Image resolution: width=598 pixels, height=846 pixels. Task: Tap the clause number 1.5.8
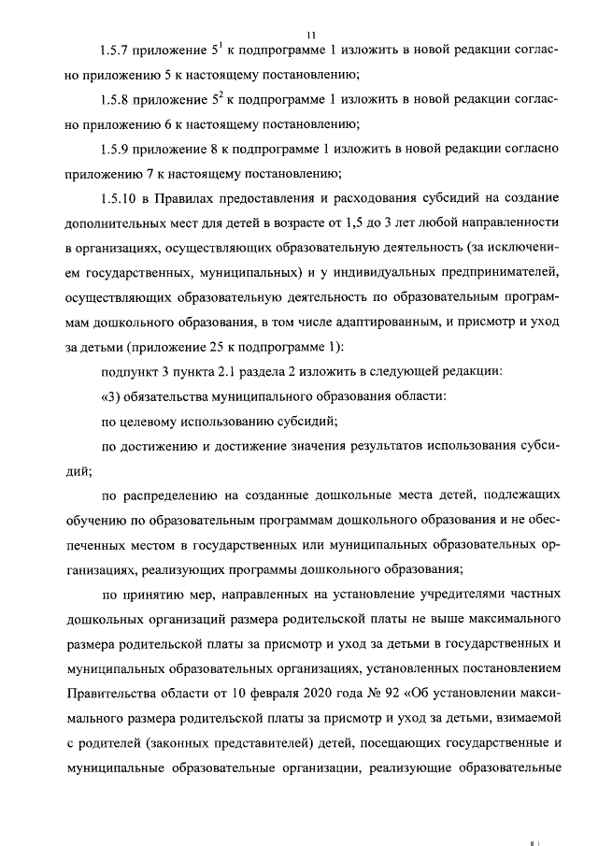click(x=117, y=99)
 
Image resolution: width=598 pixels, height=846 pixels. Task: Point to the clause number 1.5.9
click(x=117, y=149)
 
